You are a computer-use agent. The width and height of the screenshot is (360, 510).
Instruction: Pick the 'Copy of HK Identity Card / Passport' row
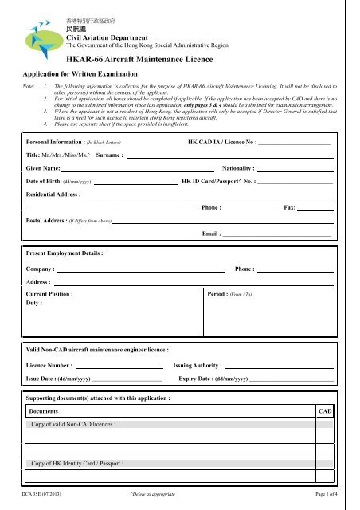tap(78, 463)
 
